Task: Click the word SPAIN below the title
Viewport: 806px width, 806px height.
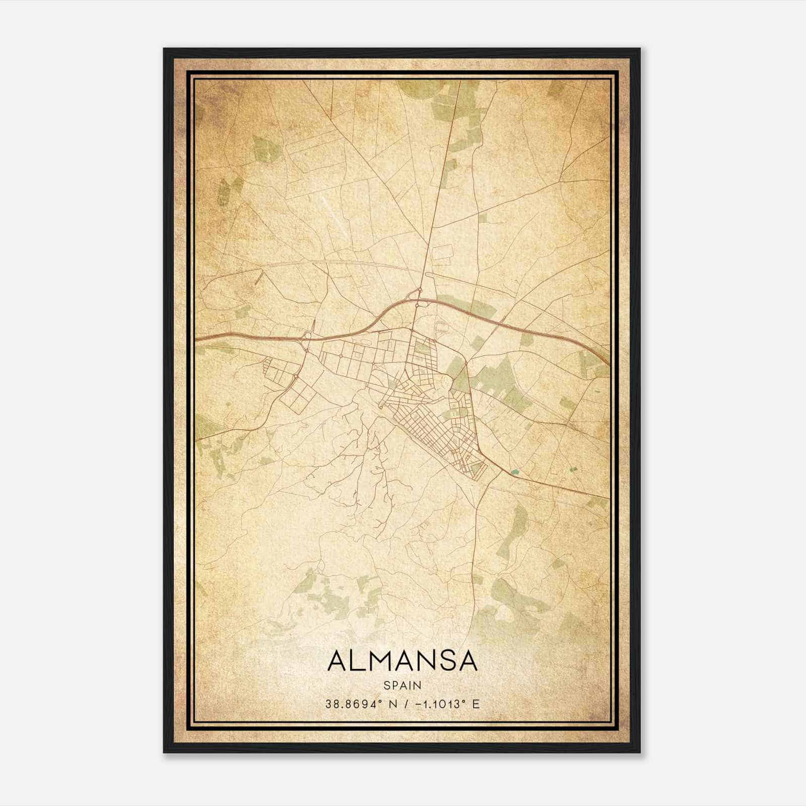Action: [x=402, y=685]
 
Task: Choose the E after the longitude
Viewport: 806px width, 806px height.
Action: [x=476, y=704]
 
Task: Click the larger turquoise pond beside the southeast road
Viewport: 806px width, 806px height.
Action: [x=514, y=472]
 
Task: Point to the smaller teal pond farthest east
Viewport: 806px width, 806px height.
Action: [x=573, y=469]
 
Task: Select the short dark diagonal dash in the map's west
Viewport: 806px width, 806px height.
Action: [x=259, y=277]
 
